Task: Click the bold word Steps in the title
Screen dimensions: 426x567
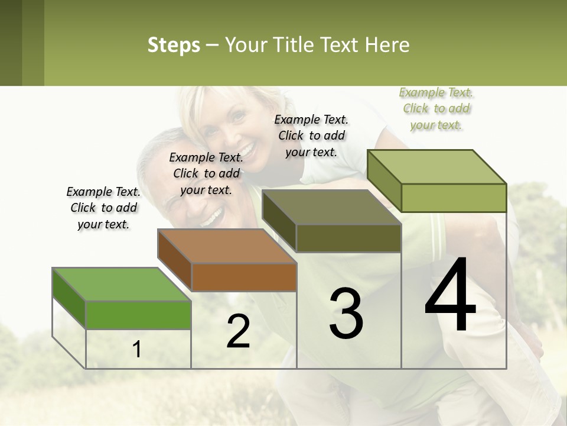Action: click(174, 45)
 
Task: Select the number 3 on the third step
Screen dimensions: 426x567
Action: click(346, 314)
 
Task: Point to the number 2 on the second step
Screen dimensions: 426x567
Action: click(238, 331)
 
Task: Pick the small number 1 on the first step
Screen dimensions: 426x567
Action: click(137, 350)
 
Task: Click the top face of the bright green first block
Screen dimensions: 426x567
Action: click(122, 285)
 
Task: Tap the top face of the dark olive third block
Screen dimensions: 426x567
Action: click(332, 207)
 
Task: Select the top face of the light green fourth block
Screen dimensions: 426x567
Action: click(437, 167)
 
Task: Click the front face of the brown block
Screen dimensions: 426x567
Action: click(244, 277)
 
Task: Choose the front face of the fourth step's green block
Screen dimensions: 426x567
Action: click(454, 198)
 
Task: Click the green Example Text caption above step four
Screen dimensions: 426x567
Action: click(436, 109)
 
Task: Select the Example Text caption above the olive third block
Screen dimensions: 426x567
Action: click(311, 135)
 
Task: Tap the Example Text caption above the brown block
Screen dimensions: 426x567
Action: click(206, 173)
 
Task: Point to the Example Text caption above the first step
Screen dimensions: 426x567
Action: click(103, 208)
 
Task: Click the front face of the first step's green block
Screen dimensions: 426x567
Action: click(138, 315)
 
